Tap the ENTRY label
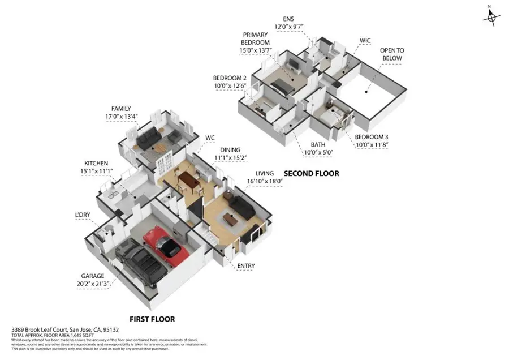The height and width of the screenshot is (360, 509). pos(245,266)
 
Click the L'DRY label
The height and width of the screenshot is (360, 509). pos(83,215)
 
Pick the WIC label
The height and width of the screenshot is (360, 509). pos(365,41)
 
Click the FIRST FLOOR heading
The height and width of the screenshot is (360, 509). pos(152,319)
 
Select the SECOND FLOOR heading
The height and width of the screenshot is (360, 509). pos(311,173)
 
